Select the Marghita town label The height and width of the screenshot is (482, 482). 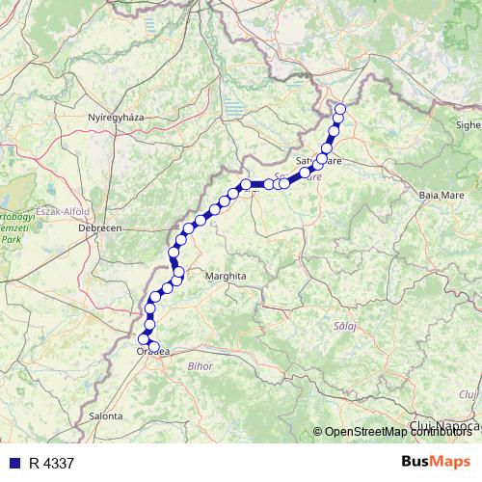tap(227, 276)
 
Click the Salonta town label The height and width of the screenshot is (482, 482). tap(105, 415)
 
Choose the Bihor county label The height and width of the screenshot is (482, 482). tap(200, 366)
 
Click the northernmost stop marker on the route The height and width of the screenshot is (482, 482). tap(339, 108)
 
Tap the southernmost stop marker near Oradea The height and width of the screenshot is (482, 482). tap(154, 347)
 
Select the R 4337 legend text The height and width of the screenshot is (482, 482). tap(51, 464)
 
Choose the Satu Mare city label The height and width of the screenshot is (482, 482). tap(318, 162)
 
